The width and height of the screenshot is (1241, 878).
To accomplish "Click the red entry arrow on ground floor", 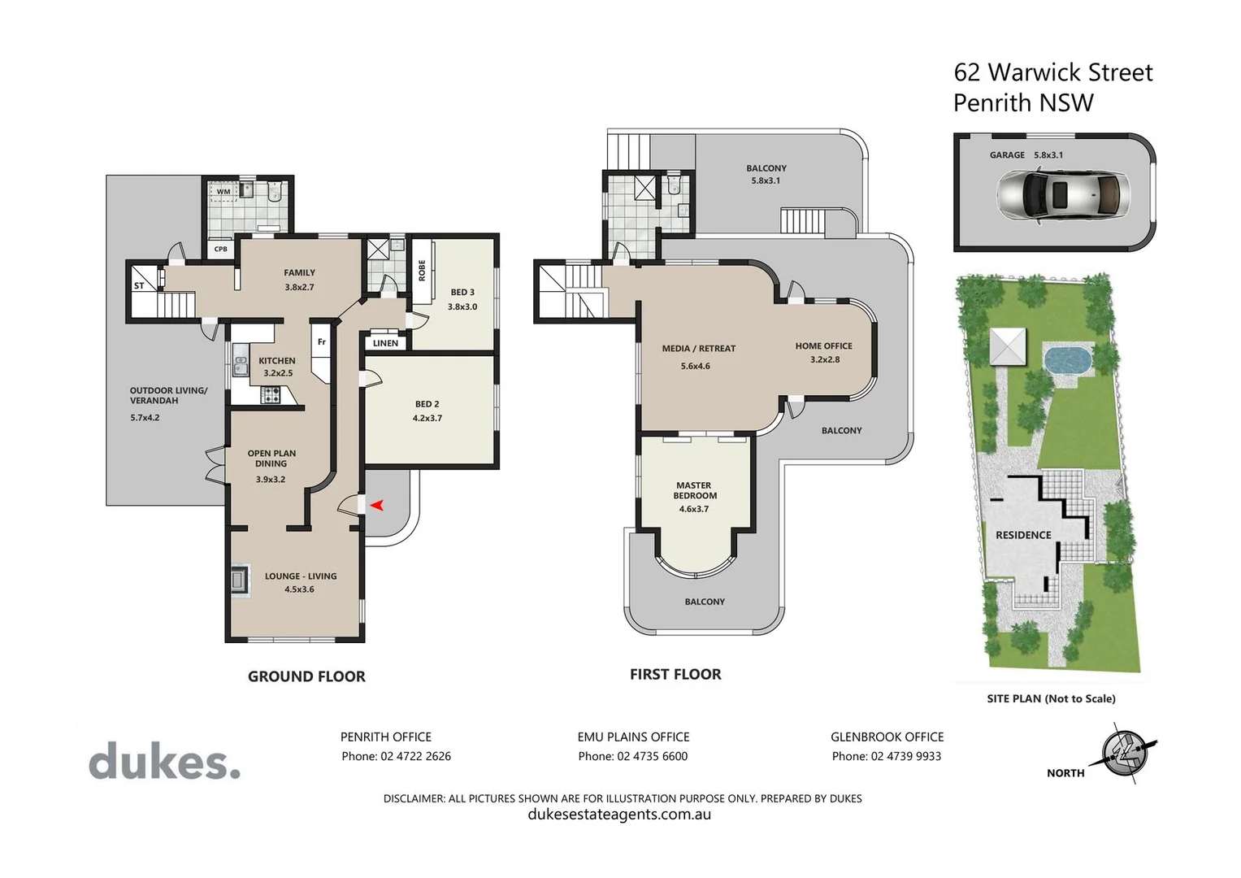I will click(x=376, y=506).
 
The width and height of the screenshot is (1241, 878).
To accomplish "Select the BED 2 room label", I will click(x=427, y=404).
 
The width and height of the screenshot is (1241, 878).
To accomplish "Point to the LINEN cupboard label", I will click(x=385, y=343).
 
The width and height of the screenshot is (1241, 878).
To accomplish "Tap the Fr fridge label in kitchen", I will click(x=322, y=342).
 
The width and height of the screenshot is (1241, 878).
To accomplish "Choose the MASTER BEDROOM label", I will click(x=694, y=490).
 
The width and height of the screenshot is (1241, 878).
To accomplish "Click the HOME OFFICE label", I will click(x=823, y=346).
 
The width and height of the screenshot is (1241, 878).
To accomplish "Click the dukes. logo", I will click(x=164, y=763).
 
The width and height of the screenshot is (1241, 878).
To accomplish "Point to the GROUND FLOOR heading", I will click(x=306, y=676).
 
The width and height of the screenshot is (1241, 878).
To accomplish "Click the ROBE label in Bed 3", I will click(x=422, y=271).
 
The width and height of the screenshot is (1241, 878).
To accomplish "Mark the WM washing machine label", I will click(x=223, y=192).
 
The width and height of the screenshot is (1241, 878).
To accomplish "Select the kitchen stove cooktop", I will click(x=271, y=395).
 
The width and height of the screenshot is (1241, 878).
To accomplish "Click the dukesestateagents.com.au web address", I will click(x=619, y=815).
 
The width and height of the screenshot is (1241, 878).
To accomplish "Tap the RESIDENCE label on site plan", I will click(x=1023, y=535).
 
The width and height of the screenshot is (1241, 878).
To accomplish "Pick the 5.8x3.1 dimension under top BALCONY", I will click(x=766, y=180).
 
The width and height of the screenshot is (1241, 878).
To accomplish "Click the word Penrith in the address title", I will click(x=989, y=103).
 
